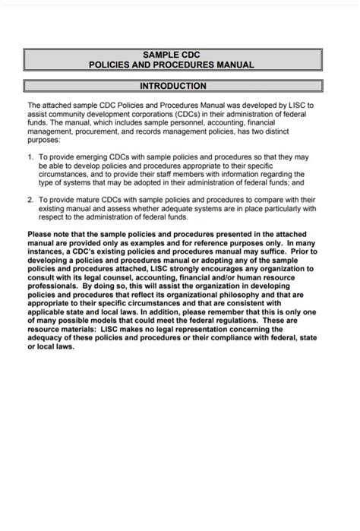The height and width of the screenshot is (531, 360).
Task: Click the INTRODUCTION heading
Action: click(173, 87)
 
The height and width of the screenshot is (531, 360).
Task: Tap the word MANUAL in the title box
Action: click(233, 65)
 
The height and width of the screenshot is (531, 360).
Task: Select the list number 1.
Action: click(31, 156)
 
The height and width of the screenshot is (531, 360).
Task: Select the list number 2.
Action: click(31, 199)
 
